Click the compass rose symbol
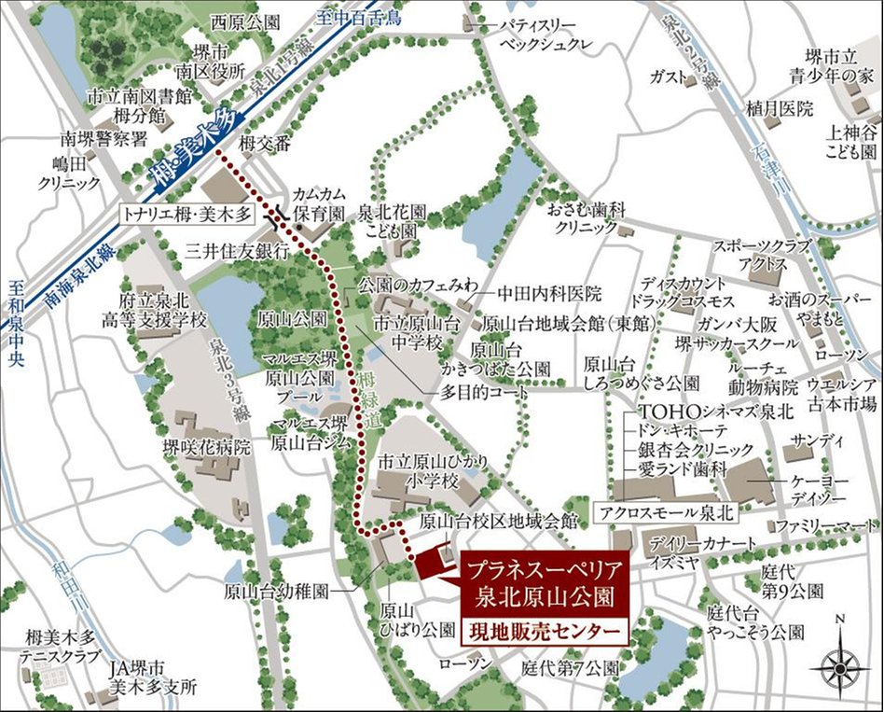841,663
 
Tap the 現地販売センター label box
544,632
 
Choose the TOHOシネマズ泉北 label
692,411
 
